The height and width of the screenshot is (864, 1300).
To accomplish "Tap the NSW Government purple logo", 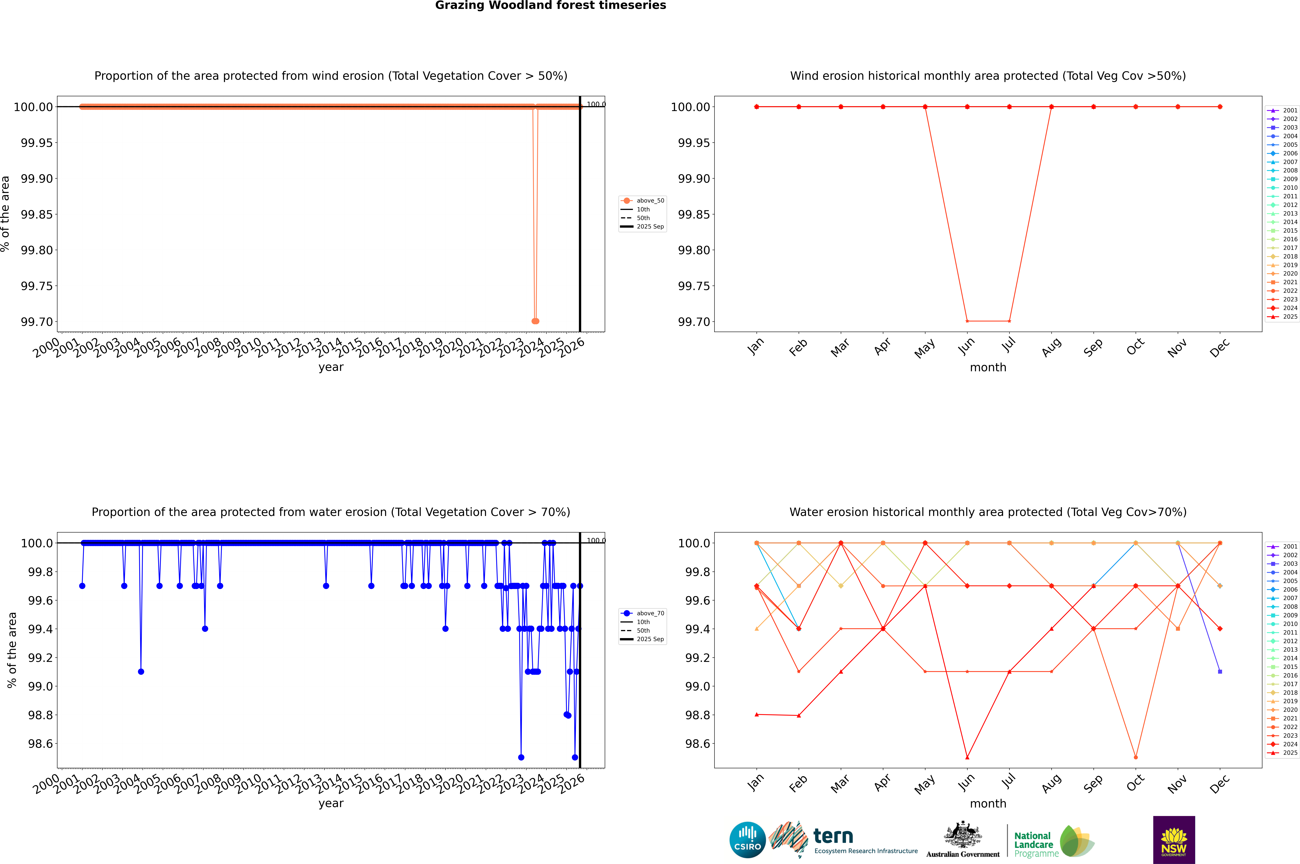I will [1174, 840].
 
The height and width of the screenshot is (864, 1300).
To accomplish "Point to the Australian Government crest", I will [963, 836].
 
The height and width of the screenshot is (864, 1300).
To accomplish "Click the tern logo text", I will [833, 837].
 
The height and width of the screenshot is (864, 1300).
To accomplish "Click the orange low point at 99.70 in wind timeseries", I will [535, 321].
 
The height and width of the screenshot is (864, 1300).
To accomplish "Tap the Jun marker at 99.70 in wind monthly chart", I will [967, 321].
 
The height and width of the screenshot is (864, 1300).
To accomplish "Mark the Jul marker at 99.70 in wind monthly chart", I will [1009, 321].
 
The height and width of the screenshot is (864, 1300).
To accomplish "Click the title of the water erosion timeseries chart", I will [331, 512].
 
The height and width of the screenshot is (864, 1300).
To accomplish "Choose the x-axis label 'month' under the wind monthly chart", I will [988, 368].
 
